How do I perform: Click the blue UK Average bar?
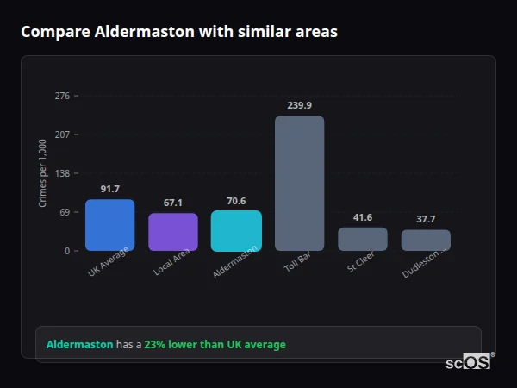coord(109,225)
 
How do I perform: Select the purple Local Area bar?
coord(173,232)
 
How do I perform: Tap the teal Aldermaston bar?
coord(236,230)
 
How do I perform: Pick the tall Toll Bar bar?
coord(299,183)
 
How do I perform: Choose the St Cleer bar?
coord(363,239)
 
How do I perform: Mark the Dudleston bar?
coord(426,240)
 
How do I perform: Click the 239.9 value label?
coord(299,105)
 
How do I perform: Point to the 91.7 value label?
coord(109,189)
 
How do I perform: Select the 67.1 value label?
coord(173,203)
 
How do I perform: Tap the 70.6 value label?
coord(236,200)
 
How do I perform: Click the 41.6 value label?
coord(363,217)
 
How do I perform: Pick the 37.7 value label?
coord(426,219)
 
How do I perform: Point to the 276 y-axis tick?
coord(62,96)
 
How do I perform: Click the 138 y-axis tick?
coord(62,173)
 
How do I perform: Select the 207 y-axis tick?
coord(62,135)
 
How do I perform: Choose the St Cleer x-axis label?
coord(360,264)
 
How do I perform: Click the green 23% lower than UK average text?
coord(215,345)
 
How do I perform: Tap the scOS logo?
coord(468,362)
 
